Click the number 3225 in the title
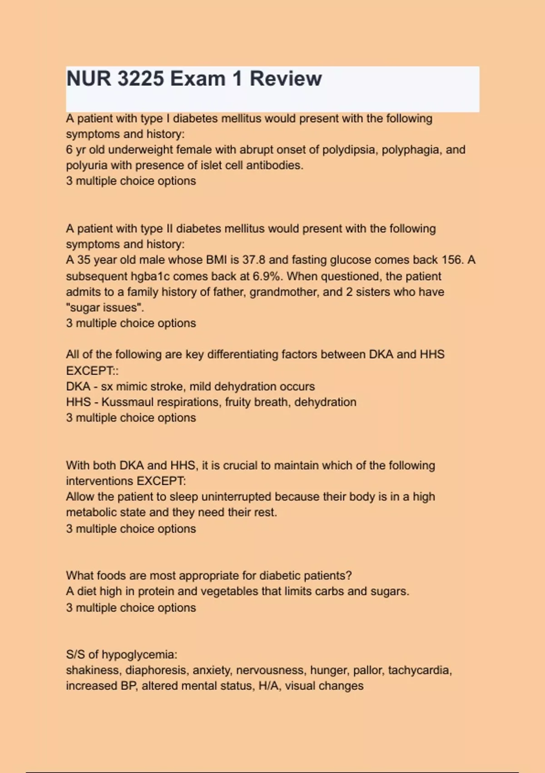point(140,79)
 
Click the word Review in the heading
point(286,79)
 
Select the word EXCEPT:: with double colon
point(92,371)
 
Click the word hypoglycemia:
point(139,655)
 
